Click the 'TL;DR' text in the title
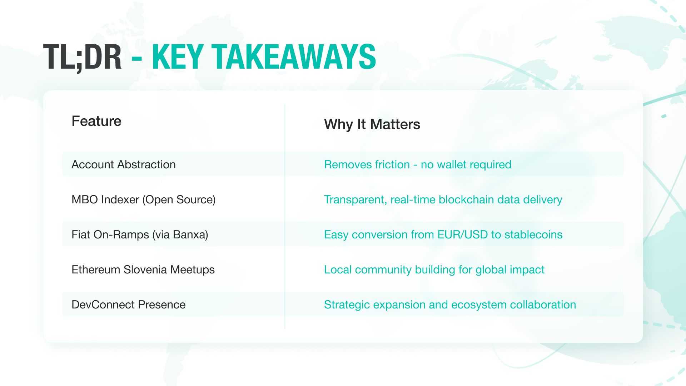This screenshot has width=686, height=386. (x=83, y=57)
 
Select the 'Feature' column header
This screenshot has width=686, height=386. (x=96, y=121)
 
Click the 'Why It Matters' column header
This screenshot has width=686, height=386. (x=372, y=124)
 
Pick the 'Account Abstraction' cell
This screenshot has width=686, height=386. (x=124, y=164)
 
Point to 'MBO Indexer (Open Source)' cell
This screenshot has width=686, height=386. (x=144, y=199)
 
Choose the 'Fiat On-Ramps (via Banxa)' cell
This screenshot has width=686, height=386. (x=140, y=234)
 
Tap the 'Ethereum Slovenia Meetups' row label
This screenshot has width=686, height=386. (x=143, y=269)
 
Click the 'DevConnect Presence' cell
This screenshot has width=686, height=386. (x=129, y=305)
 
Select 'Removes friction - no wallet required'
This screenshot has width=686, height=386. (x=418, y=164)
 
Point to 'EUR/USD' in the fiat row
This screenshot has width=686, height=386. (x=463, y=234)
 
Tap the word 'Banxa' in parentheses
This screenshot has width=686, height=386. (x=189, y=234)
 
